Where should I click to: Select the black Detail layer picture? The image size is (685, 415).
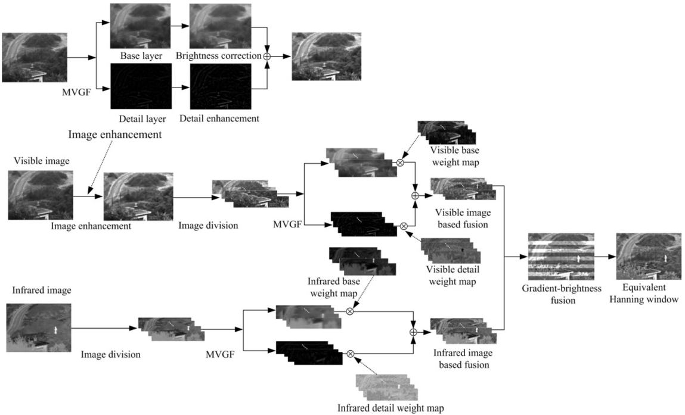tap(141, 86)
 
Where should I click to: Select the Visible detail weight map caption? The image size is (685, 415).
tap(451, 274)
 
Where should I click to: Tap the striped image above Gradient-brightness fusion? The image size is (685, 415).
tap(560, 257)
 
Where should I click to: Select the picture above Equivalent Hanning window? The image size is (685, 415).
tap(648, 257)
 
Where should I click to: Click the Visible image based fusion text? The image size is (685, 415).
tap(462, 219)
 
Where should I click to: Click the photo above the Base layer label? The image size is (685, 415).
tap(141, 26)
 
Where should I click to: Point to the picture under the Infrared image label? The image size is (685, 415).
tap(39, 327)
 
